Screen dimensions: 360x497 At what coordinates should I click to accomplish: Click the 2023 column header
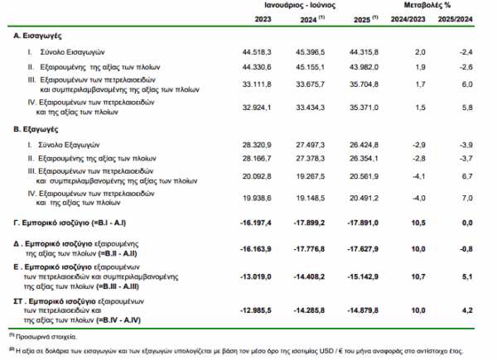(x=263, y=18)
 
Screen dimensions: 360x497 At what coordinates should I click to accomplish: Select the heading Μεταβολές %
(x=435, y=6)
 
